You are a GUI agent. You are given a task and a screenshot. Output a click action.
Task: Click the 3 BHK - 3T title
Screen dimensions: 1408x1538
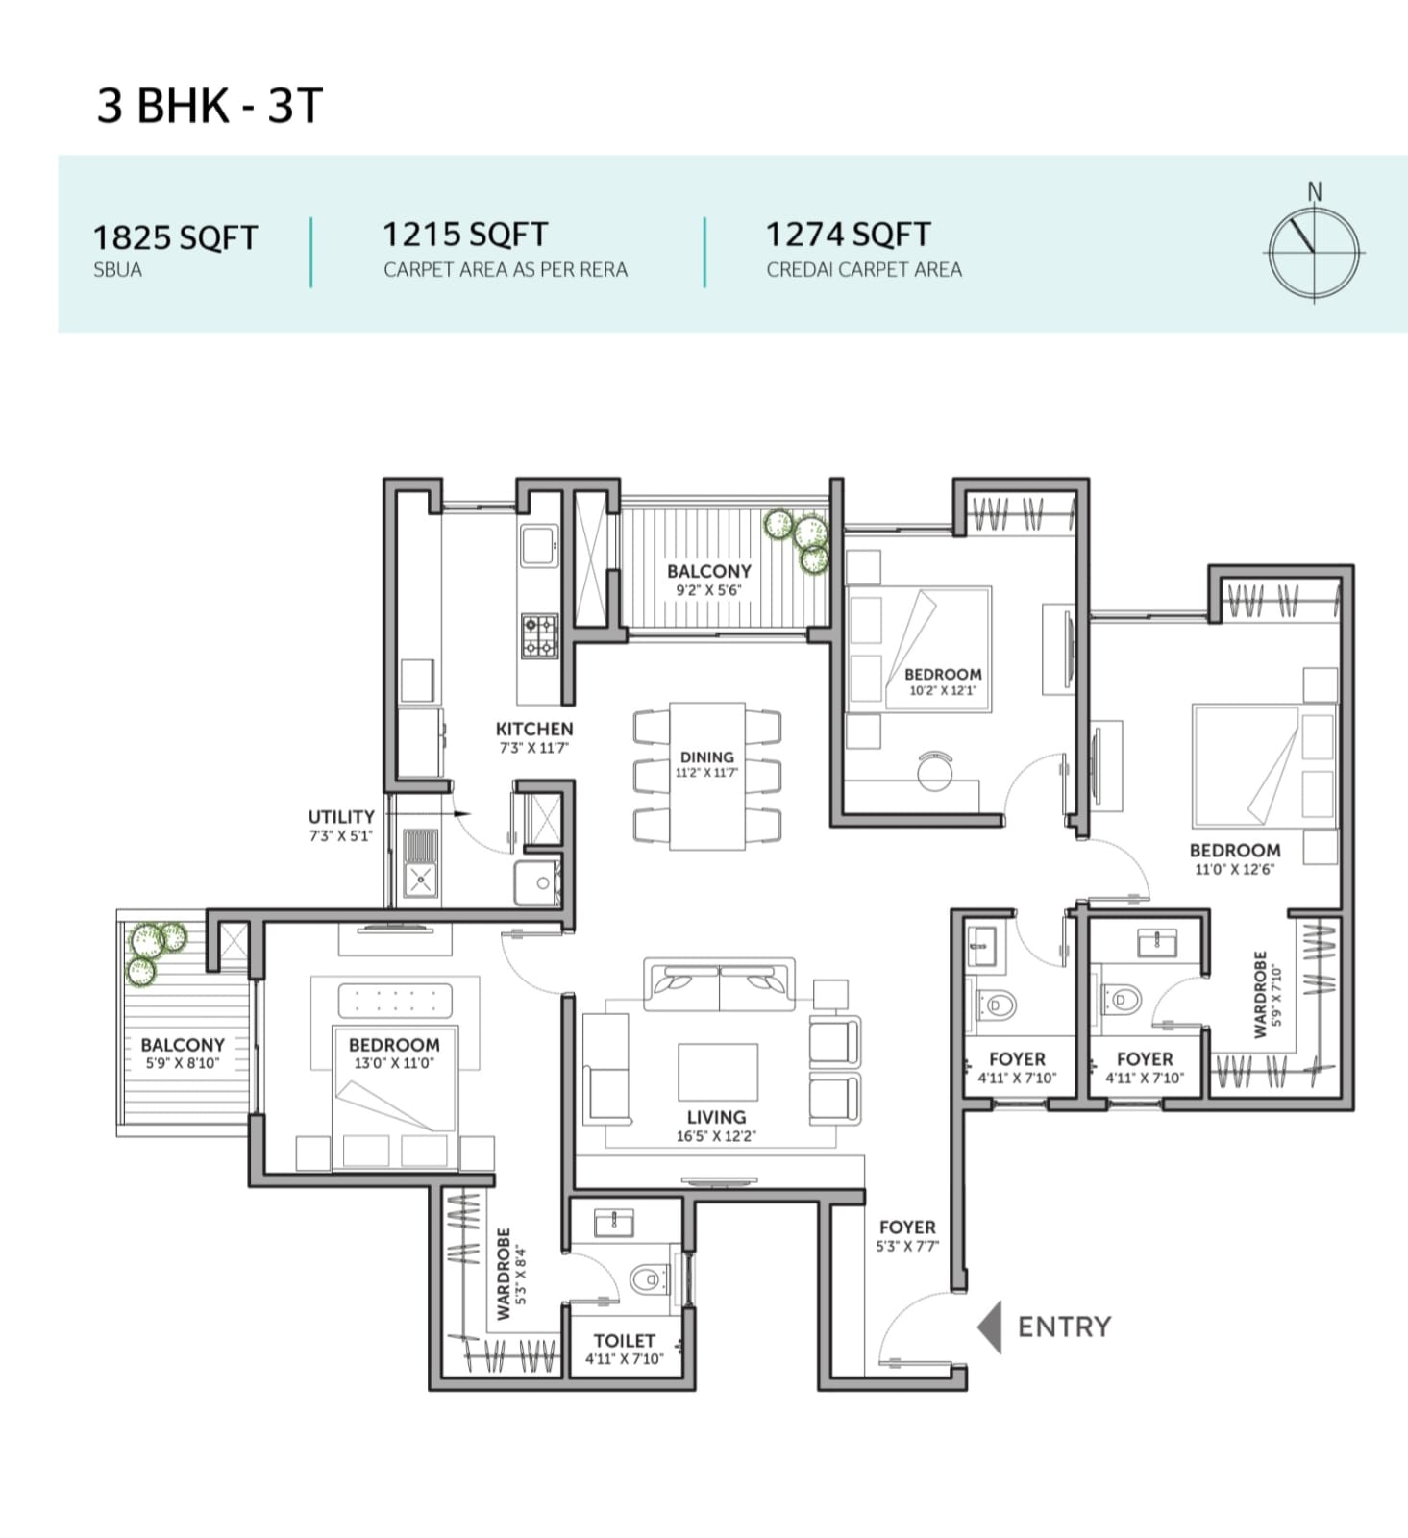[210, 105]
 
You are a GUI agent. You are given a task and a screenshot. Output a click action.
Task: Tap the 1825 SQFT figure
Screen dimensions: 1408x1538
[175, 237]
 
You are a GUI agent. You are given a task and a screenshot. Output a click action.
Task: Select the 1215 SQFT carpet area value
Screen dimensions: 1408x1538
[465, 234]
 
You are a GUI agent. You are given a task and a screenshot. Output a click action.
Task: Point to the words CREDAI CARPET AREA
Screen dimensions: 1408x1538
[864, 270]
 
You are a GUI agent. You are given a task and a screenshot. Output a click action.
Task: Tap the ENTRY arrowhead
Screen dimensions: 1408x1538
[989, 1327]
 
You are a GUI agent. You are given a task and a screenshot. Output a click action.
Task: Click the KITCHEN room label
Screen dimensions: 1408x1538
[534, 729]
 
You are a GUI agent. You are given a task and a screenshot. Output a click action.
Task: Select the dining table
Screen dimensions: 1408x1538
[707, 776]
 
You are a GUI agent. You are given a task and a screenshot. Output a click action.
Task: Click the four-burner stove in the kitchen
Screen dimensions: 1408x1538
[539, 636]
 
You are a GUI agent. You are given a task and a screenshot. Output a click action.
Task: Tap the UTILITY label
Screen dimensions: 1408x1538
[341, 817]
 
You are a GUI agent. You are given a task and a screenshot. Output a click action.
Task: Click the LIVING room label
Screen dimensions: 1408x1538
[716, 1117]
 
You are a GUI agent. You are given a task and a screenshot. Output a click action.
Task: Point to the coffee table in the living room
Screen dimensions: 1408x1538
[718, 1072]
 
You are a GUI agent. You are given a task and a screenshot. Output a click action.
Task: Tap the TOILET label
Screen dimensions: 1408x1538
[625, 1340]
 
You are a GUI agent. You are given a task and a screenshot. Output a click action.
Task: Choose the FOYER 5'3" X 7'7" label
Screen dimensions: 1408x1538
[907, 1236]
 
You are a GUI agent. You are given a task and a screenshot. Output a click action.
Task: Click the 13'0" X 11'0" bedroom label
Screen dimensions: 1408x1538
[394, 1053]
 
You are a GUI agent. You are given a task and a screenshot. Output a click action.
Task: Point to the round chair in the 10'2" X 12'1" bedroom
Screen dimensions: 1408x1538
[935, 771]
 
